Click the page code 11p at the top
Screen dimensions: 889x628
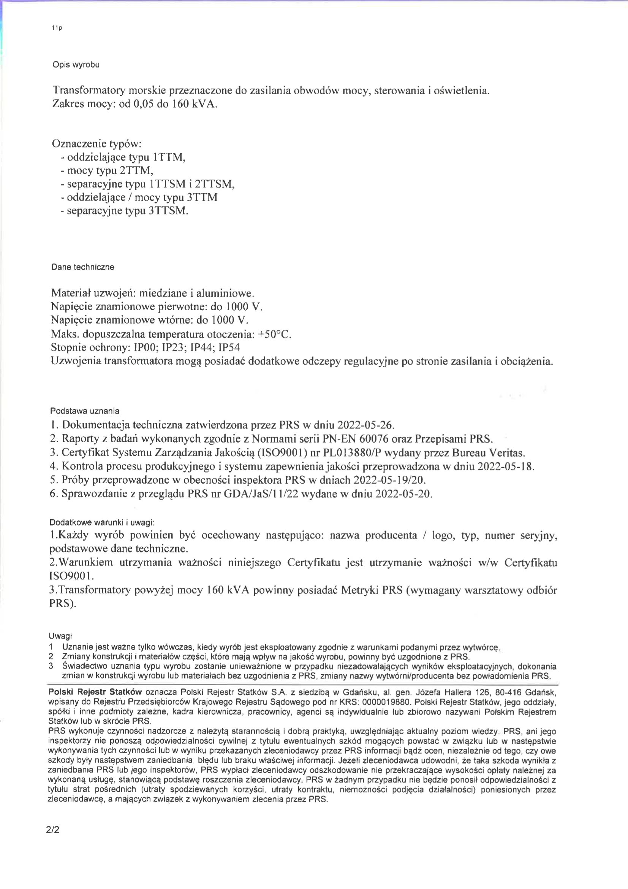pos(57,28)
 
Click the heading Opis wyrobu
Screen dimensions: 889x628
pos(76,65)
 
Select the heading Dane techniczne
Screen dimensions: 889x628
pos(82,267)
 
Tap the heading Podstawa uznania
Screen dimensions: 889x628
pos(85,411)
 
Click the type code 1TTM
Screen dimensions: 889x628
pos(169,157)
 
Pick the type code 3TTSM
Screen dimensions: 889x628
pos(168,211)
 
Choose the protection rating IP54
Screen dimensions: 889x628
pos(229,348)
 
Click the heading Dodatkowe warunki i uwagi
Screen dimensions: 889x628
pos(102,522)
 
